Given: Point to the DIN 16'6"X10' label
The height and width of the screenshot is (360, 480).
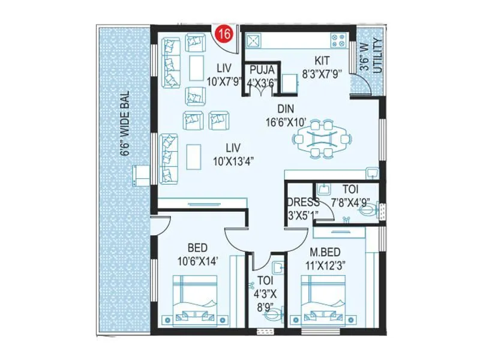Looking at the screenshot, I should (284, 115).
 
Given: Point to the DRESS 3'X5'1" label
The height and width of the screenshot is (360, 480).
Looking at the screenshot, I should (303, 207).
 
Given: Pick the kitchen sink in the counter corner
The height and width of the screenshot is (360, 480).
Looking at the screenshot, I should (253, 40).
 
